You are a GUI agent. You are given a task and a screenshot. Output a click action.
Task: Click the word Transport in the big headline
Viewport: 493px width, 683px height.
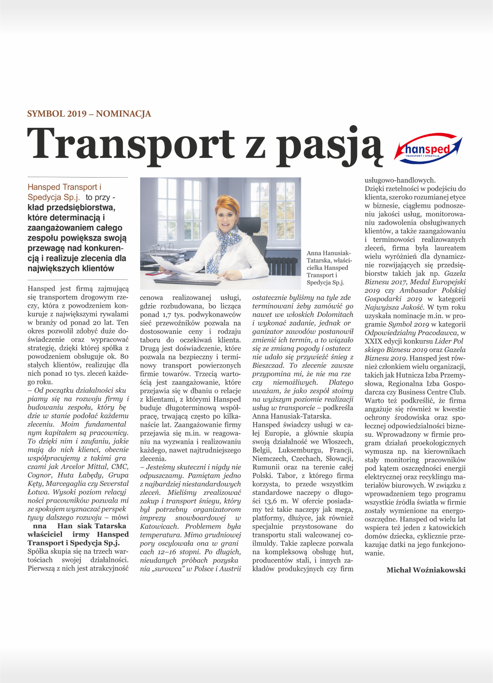[x=131, y=144]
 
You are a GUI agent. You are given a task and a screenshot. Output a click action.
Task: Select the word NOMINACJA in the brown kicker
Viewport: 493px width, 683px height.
[x=123, y=114]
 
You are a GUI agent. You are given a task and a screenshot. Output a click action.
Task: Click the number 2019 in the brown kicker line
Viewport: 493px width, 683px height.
[x=77, y=114]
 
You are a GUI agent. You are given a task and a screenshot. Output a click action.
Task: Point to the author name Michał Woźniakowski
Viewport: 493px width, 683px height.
[x=425, y=570]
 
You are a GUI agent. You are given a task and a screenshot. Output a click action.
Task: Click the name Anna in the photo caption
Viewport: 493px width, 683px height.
[x=314, y=253]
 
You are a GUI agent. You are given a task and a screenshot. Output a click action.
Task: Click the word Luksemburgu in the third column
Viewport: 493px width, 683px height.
[x=299, y=450]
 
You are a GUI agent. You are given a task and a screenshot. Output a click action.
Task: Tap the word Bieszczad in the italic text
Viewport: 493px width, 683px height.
[x=269, y=365]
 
